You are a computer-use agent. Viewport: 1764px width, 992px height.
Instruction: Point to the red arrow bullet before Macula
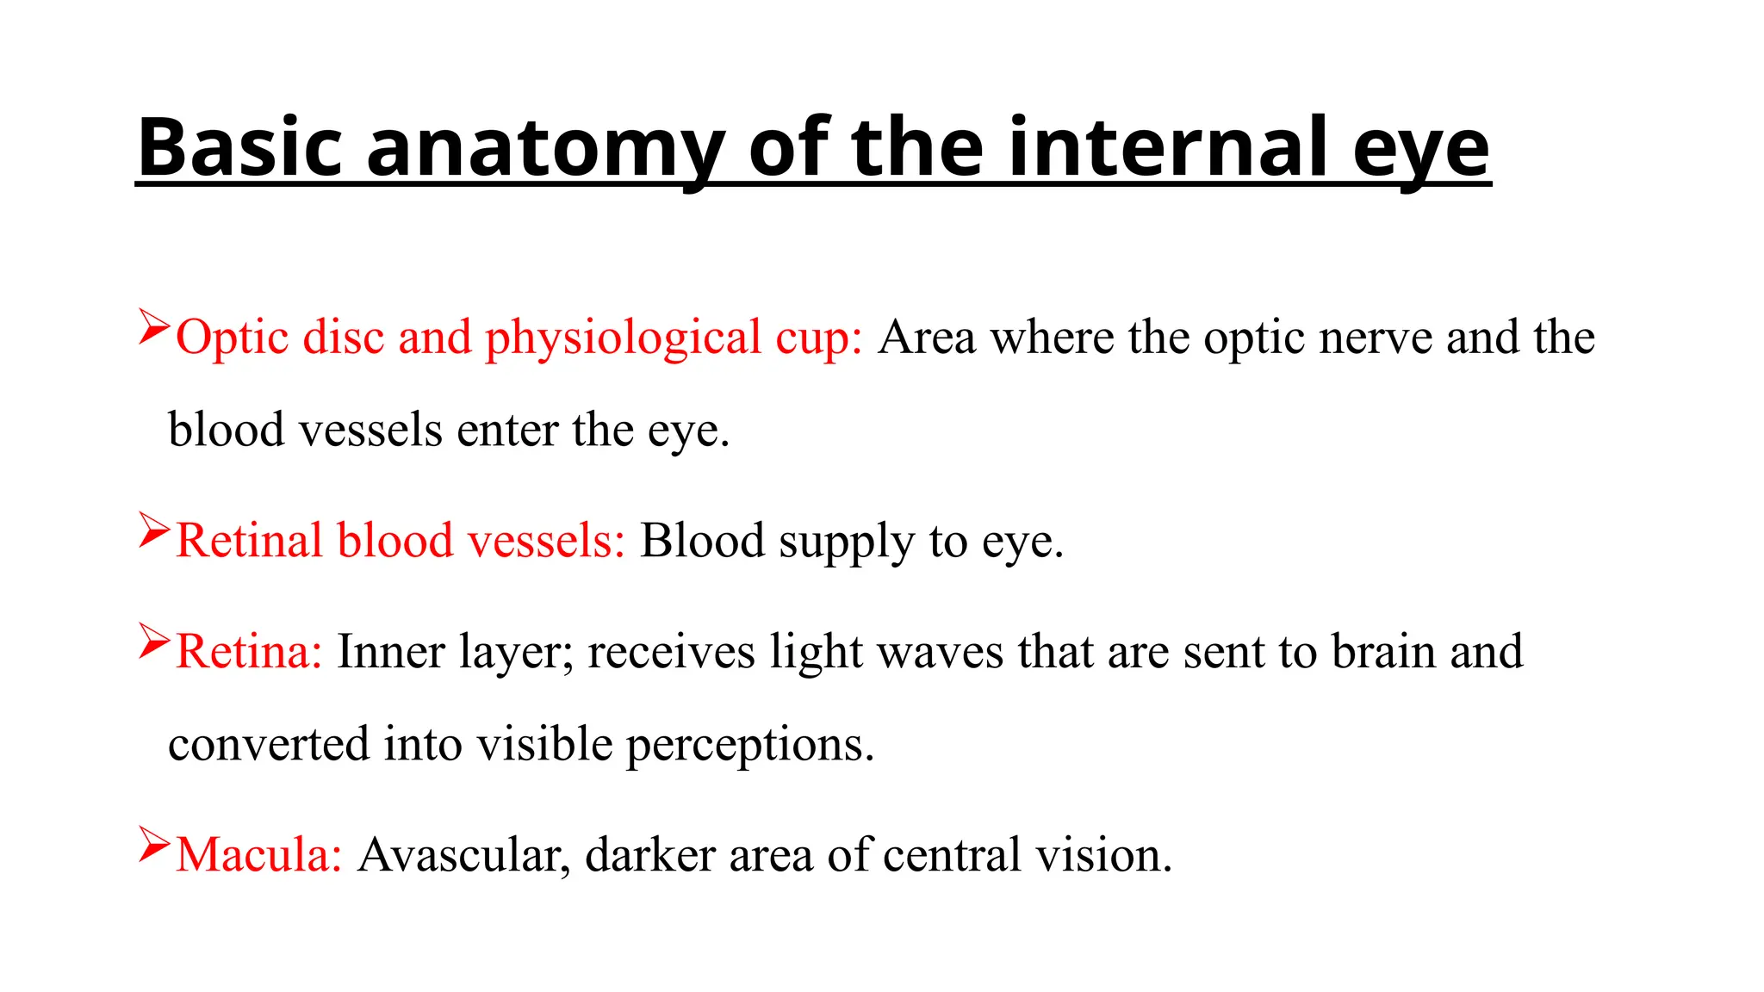[x=154, y=845]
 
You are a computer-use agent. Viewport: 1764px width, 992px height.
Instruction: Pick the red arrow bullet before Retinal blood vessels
[x=154, y=530]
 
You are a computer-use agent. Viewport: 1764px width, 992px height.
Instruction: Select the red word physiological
[x=624, y=338]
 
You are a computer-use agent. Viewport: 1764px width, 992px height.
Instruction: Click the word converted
[x=268, y=744]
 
